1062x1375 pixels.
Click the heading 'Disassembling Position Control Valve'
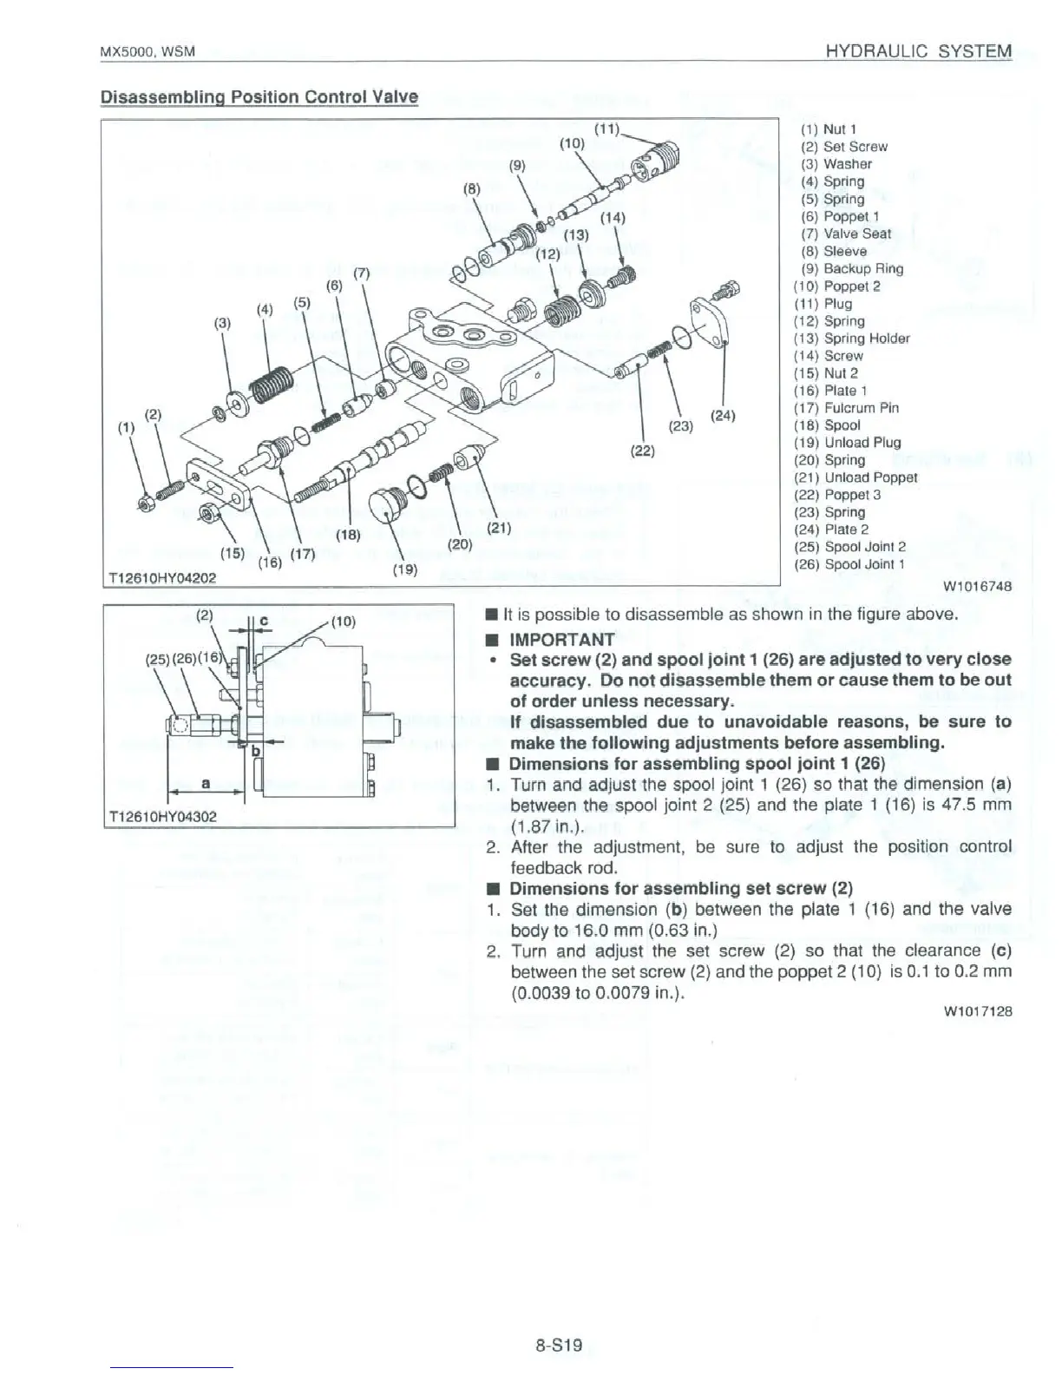coord(259,96)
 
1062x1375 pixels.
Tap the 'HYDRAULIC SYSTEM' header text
coord(919,51)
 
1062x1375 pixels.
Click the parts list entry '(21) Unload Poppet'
coord(855,477)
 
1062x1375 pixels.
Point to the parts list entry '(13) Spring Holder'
coord(851,338)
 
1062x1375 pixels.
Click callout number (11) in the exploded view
coord(606,129)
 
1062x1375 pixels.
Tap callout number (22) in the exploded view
coord(643,451)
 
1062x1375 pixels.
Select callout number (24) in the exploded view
coord(723,415)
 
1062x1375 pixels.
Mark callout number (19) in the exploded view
coord(405,569)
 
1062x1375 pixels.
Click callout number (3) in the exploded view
coord(223,323)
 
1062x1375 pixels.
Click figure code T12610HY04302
coord(162,816)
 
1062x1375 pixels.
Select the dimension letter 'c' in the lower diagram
coord(264,621)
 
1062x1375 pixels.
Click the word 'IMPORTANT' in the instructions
coord(561,639)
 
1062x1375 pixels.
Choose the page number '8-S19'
coord(558,1345)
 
